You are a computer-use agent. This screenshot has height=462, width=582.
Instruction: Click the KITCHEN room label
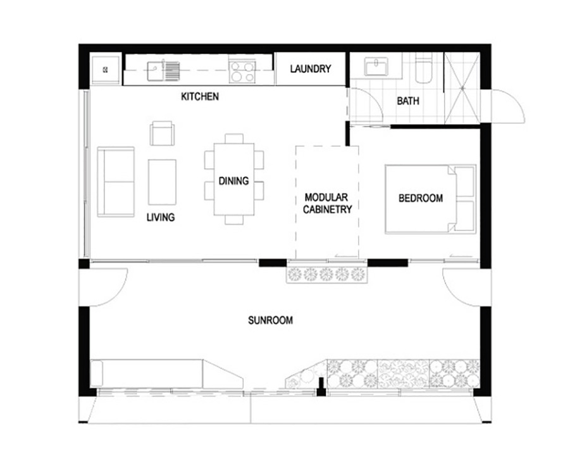[200, 97]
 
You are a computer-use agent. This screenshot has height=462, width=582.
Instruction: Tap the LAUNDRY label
[311, 69]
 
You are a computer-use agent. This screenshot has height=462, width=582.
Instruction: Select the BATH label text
[408, 101]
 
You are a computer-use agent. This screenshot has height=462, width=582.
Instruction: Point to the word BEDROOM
[421, 198]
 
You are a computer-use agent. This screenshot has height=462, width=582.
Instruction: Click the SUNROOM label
[270, 320]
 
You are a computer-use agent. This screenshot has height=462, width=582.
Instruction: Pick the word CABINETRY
[328, 209]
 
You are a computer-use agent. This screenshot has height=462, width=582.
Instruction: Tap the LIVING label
[160, 217]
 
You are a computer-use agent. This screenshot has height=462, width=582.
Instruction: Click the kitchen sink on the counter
[163, 70]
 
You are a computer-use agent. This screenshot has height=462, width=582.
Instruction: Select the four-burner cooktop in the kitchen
[242, 72]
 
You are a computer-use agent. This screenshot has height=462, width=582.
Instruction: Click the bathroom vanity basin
[376, 66]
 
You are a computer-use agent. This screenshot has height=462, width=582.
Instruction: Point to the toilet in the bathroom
[423, 68]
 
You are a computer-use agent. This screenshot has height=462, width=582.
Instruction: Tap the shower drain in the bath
[462, 89]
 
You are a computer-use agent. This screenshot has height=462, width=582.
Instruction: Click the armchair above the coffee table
[162, 133]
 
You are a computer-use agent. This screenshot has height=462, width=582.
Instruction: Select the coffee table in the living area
[162, 182]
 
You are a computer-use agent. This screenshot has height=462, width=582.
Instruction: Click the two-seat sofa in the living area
[116, 182]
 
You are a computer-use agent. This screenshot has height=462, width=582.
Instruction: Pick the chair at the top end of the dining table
[234, 139]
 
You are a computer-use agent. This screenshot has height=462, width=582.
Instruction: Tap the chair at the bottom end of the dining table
[234, 220]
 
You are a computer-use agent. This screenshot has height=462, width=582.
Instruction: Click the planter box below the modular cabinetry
[326, 275]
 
